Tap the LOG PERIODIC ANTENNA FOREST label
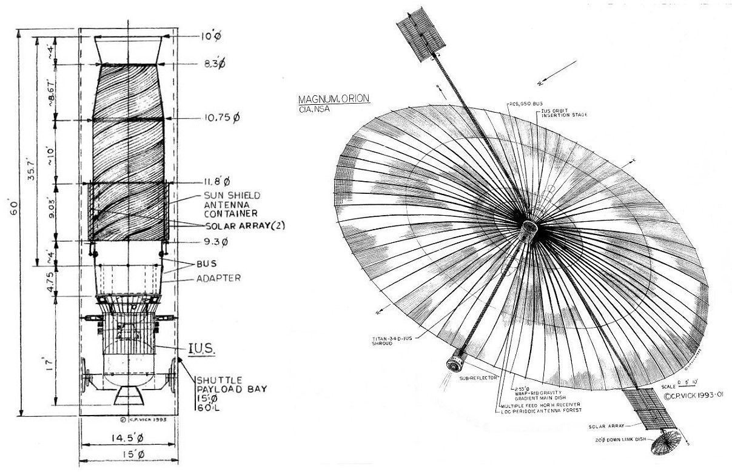(x=541, y=411)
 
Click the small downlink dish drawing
(x=668, y=446)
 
